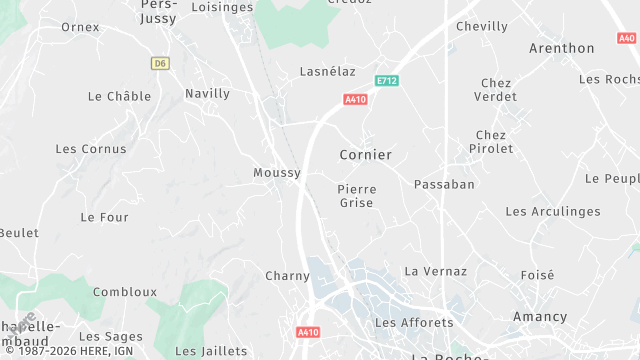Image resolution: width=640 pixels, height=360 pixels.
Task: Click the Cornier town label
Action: (365, 155)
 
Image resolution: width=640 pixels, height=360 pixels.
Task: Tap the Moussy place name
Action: (277, 173)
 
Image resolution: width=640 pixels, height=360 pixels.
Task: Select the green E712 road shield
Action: (387, 80)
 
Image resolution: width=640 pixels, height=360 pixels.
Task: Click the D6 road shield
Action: (159, 63)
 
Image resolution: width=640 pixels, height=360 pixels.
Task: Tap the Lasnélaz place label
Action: (328, 72)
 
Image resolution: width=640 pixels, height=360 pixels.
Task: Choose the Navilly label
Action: (207, 94)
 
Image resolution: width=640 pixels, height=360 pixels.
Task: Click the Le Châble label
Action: (119, 97)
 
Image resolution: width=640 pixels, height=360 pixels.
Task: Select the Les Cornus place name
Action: (91, 149)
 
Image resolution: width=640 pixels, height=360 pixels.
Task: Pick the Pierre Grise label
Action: (356, 196)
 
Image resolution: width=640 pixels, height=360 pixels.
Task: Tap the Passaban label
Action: (444, 184)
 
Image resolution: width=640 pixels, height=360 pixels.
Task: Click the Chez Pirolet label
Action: (491, 142)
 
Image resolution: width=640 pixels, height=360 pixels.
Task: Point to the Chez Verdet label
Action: (496, 90)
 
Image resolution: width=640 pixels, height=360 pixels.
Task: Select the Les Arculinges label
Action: (553, 212)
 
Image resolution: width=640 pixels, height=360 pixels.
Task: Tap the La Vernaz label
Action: (435, 271)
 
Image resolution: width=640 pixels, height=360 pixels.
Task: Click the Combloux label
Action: (125, 292)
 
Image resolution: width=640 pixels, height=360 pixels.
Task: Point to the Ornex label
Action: (80, 27)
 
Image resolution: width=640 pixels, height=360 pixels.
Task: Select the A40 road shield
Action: (627, 38)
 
